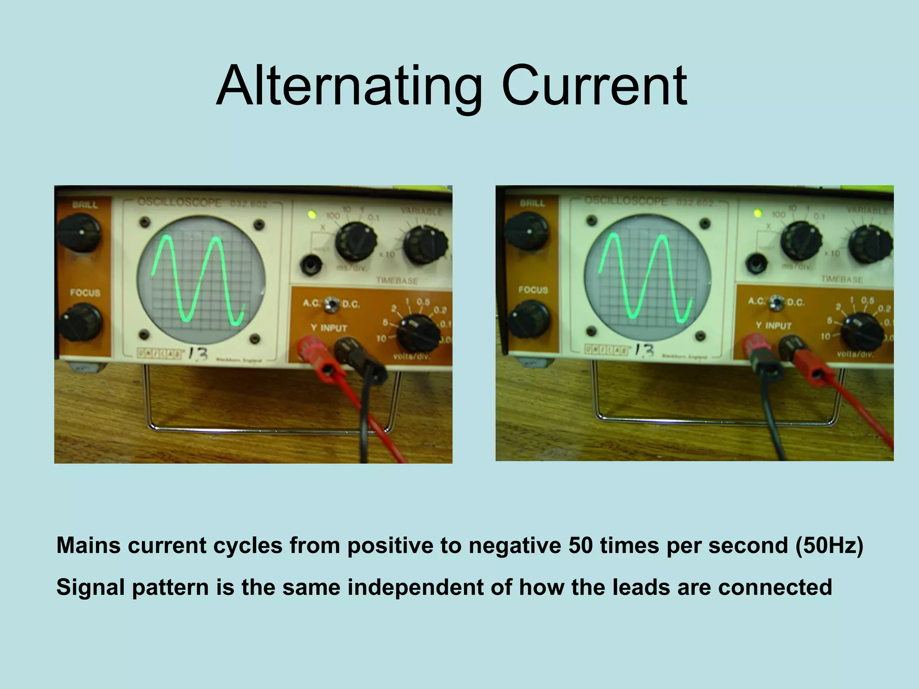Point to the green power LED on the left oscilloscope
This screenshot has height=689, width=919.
[311, 215]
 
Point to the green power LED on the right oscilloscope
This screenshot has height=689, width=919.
[758, 213]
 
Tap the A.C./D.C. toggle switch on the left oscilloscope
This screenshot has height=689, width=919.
[332, 303]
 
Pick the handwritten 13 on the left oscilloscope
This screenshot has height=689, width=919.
[198, 354]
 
